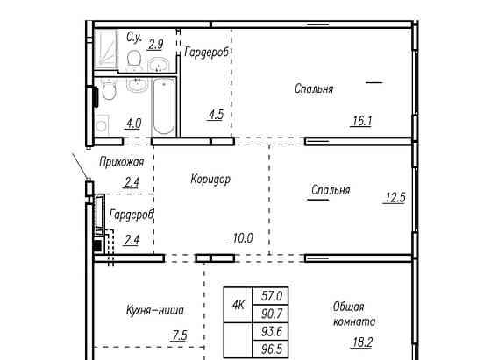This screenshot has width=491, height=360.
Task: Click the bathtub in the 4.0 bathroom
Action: click(163, 106)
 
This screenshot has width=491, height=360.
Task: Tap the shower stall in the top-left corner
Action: click(105, 48)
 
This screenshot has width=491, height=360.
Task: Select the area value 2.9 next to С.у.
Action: click(156, 44)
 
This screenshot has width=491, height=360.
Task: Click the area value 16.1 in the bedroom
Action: click(362, 121)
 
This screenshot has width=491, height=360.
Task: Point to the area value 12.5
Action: click(395, 198)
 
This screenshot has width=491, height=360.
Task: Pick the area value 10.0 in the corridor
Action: click(242, 238)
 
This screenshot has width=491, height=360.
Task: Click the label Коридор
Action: click(210, 180)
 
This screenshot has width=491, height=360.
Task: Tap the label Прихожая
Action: click(122, 162)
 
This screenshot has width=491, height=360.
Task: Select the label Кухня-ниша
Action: click(155, 310)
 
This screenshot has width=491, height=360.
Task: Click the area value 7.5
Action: click(180, 335)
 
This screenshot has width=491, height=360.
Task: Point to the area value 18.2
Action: click(362, 342)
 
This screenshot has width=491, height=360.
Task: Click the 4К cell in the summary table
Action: click(238, 305)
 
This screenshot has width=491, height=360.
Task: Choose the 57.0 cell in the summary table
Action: click(271, 295)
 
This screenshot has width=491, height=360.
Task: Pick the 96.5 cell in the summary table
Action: click(271, 349)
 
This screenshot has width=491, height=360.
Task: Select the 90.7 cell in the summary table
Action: click(271, 314)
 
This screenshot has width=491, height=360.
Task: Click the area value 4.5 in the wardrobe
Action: click(216, 115)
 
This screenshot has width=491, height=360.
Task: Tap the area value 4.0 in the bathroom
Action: click(133, 124)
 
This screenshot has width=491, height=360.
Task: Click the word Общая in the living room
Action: click(348, 307)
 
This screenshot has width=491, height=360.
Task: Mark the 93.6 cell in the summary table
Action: click(271, 331)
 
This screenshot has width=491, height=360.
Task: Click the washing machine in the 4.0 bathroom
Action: click(102, 124)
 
